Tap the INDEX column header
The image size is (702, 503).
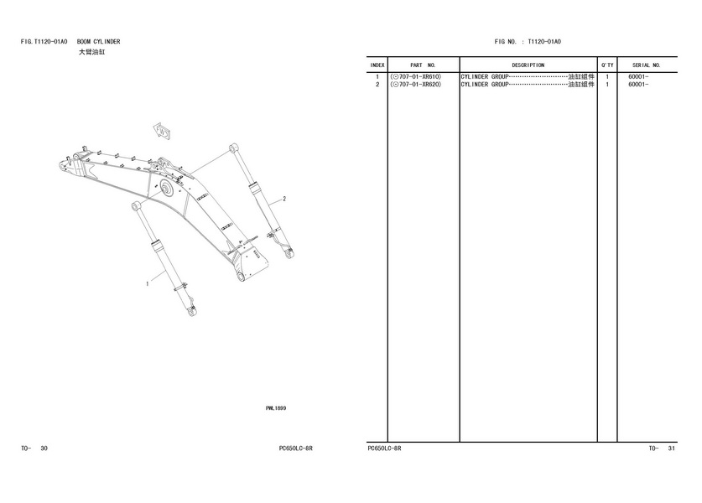point(377,65)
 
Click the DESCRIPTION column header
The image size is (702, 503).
point(528,65)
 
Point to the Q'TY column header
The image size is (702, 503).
point(607,65)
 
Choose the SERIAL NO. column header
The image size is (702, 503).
point(647,65)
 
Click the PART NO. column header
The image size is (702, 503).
point(423,65)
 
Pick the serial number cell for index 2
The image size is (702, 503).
point(638,85)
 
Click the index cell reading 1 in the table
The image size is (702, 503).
point(377,77)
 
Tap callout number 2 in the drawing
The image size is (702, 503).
point(284,199)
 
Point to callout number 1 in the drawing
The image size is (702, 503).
point(148,283)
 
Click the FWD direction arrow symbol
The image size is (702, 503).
point(162,131)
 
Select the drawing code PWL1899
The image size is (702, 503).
point(276,408)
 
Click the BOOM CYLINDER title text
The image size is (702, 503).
point(98,42)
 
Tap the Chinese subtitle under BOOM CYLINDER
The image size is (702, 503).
point(92,52)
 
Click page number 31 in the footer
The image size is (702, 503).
point(671,449)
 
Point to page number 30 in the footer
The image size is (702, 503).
point(44,449)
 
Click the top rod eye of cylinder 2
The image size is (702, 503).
point(233,148)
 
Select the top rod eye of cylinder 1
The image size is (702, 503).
point(136,206)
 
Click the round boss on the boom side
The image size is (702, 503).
point(167,189)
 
